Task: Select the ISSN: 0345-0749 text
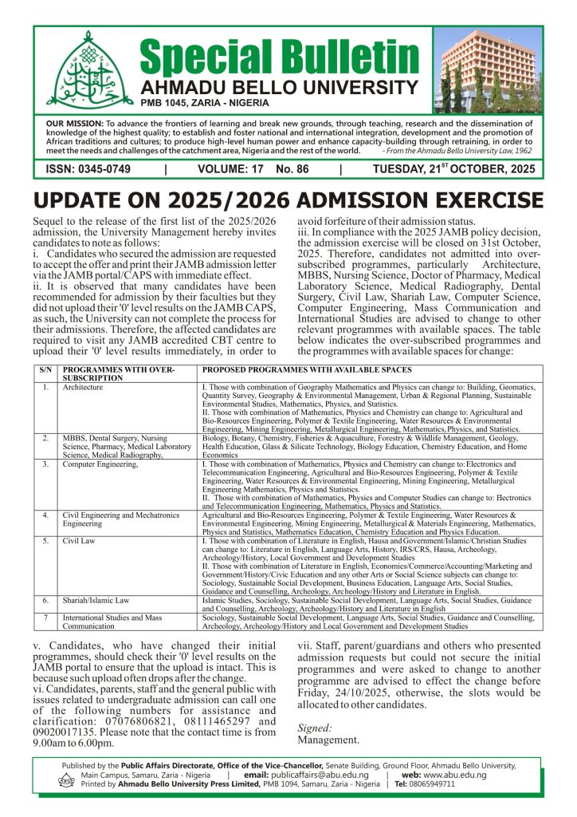pyautogui.click(x=88, y=169)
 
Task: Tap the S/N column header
pyautogui.click(x=45, y=370)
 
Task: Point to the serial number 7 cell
pyautogui.click(x=45, y=617)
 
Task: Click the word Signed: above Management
pyautogui.click(x=315, y=728)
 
